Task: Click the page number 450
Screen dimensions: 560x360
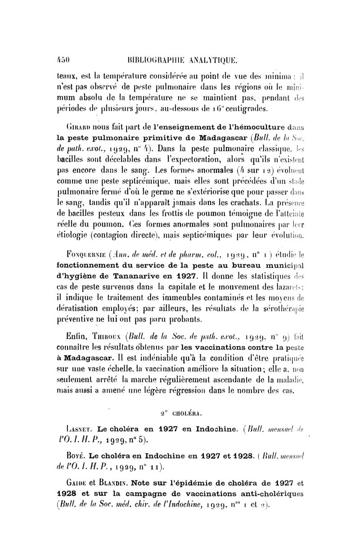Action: [61, 59]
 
